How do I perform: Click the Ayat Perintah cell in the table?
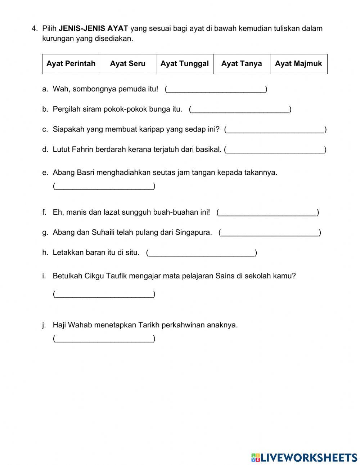tap(71, 64)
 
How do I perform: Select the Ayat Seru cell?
tap(128, 64)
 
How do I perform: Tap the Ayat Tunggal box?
tap(184, 64)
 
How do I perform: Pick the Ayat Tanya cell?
tap(242, 64)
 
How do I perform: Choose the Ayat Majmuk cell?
tap(298, 64)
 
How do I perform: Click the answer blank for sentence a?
tap(216, 89)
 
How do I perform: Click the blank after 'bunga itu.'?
tap(240, 109)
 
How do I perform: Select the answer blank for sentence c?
tap(275, 130)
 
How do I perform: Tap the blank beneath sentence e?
tap(104, 186)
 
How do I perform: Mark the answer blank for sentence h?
tap(202, 253)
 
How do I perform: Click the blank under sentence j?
tap(104, 339)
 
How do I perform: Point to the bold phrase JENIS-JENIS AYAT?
tap(93, 28)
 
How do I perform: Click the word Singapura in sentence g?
tap(194, 232)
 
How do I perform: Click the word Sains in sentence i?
tap(225, 276)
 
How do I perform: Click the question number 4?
tap(34, 28)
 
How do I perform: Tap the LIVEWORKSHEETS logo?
tap(304, 457)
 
